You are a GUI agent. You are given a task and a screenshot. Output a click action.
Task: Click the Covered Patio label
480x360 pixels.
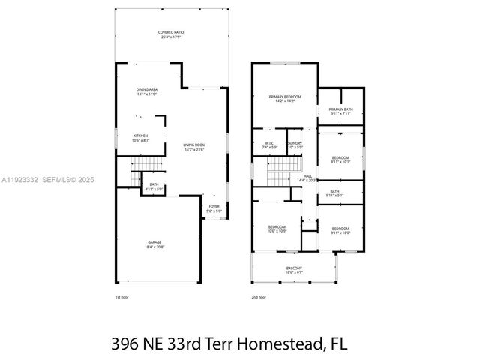click(x=171, y=34)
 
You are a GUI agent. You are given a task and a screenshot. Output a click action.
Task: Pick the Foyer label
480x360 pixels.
click(x=214, y=208)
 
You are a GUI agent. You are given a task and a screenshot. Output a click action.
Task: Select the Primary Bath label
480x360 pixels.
click(x=340, y=111)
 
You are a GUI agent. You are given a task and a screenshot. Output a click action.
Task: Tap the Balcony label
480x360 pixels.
click(x=295, y=270)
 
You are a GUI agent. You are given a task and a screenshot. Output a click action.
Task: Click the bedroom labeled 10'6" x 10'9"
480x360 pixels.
click(x=277, y=228)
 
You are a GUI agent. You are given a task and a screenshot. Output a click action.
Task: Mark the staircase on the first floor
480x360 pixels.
click(x=146, y=165)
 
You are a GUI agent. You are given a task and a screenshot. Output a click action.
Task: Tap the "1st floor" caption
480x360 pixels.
click(x=123, y=297)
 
